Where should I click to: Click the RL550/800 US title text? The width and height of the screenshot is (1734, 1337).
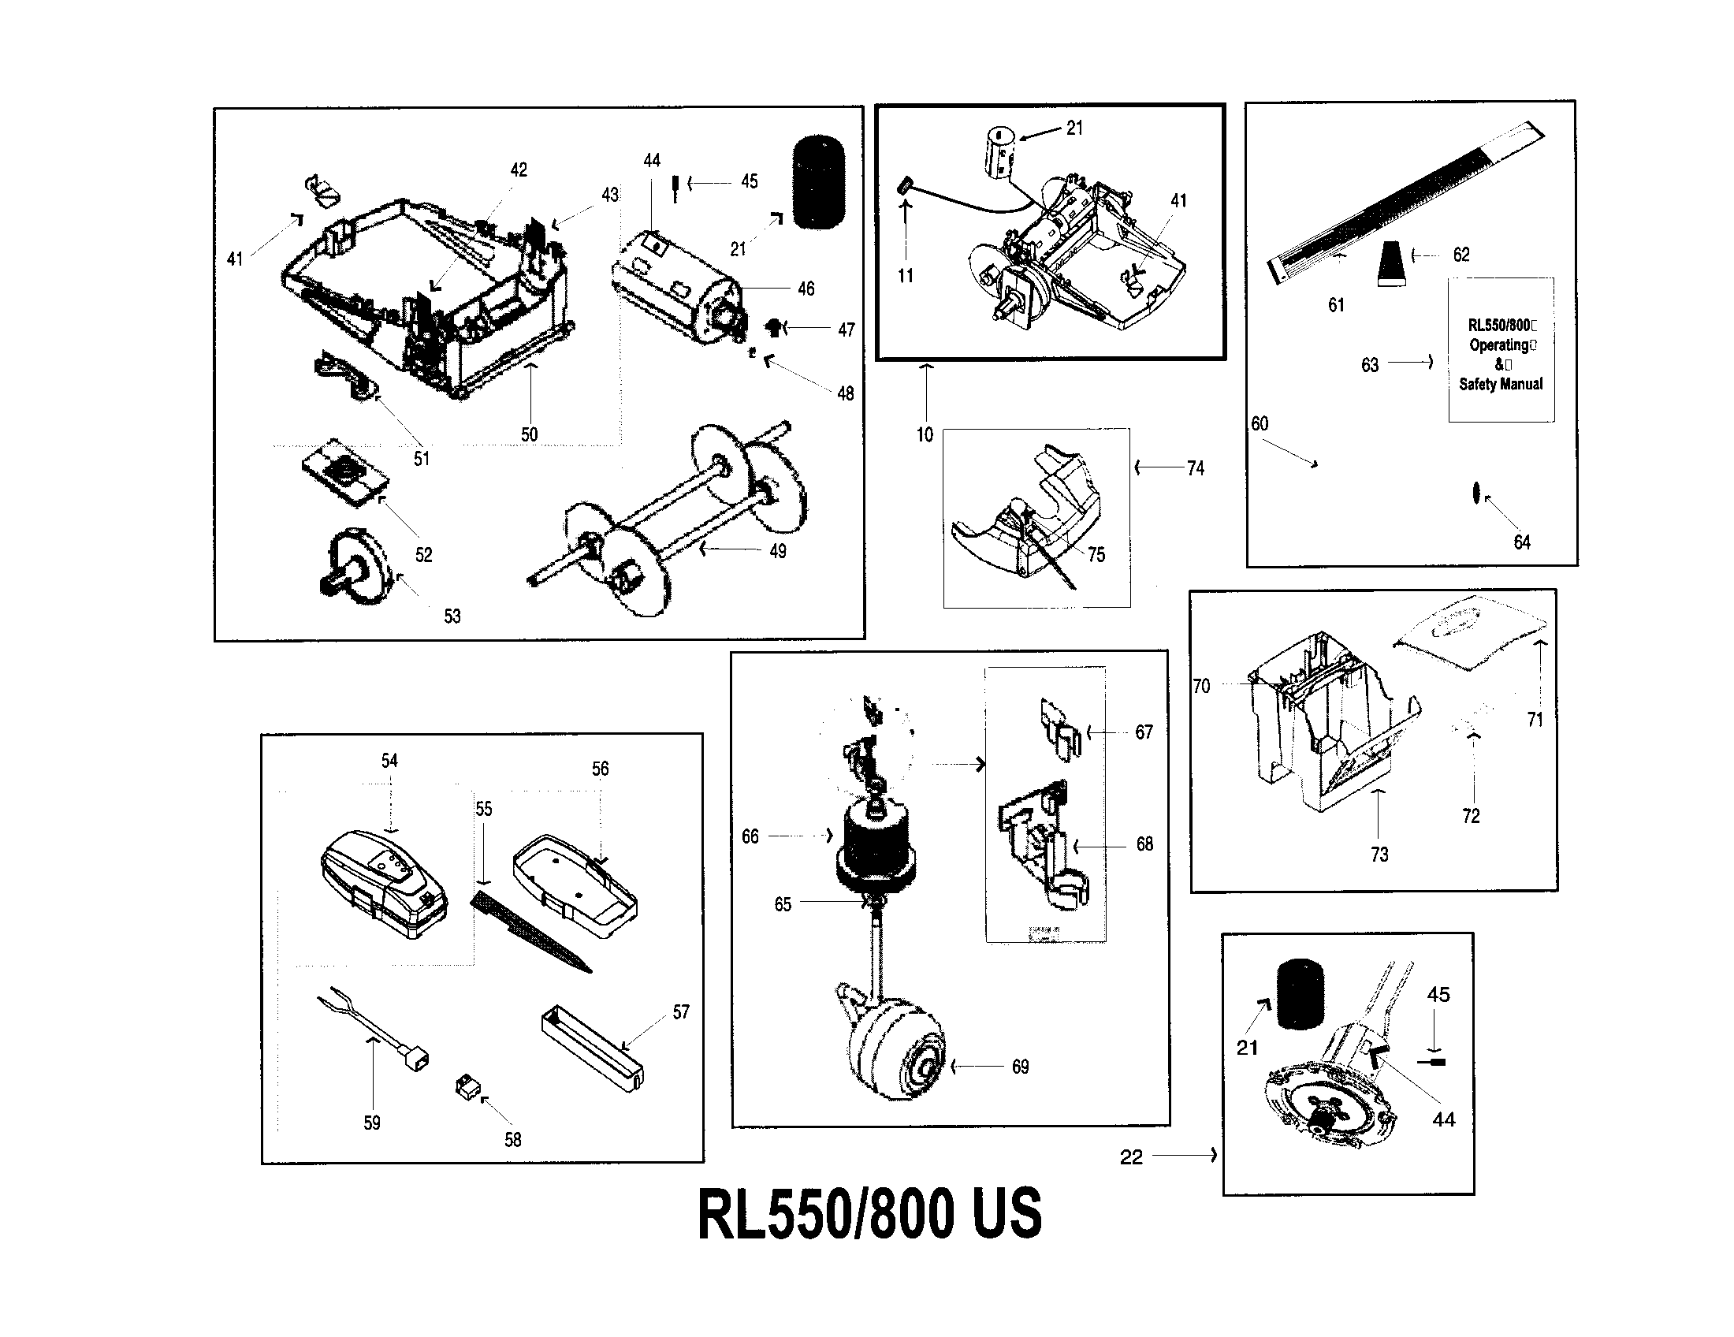(x=869, y=1213)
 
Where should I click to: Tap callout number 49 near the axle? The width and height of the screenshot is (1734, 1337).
(x=778, y=550)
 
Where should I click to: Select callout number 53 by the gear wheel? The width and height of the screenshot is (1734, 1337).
(x=452, y=616)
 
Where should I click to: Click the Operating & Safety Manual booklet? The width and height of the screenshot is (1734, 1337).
(x=1501, y=349)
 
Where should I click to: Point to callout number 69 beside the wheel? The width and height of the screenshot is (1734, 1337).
(x=1020, y=1067)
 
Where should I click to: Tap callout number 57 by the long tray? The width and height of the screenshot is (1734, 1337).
(x=681, y=1011)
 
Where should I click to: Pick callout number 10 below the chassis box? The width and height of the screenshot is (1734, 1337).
(x=925, y=434)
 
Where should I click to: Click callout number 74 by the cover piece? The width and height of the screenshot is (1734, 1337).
(x=1196, y=468)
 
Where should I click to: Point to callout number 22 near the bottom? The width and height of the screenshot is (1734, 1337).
(x=1131, y=1156)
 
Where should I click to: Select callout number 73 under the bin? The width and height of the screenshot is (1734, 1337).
(x=1379, y=855)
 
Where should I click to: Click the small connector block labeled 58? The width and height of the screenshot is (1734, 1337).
(x=466, y=1087)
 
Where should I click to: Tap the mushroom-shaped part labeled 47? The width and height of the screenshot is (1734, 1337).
(x=772, y=326)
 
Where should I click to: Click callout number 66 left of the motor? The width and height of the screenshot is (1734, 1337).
(x=750, y=836)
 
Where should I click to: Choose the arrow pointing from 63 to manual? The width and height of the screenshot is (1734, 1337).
(x=1411, y=363)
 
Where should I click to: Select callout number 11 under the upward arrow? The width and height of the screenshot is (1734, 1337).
(x=906, y=275)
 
